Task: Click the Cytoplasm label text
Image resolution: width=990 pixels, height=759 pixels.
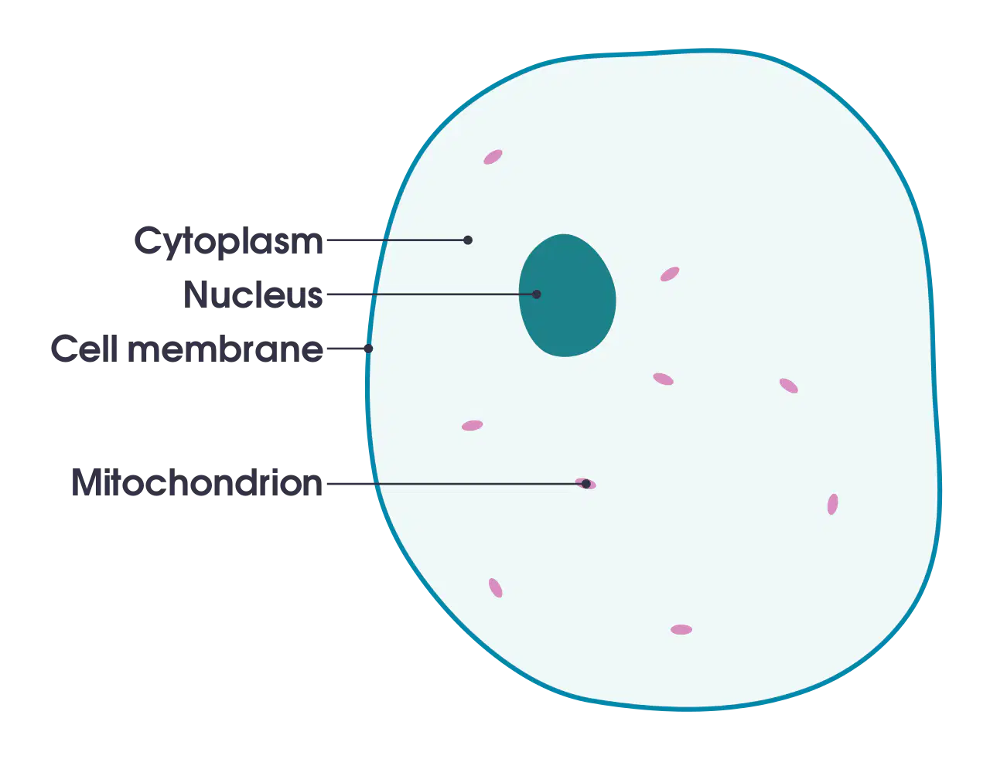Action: pos(228,242)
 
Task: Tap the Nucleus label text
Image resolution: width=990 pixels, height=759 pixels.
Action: pos(253,294)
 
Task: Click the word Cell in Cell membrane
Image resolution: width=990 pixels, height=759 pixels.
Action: pos(84,349)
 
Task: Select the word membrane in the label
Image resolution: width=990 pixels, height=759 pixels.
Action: pos(225,349)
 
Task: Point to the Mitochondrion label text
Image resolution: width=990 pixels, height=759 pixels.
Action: pos(196,482)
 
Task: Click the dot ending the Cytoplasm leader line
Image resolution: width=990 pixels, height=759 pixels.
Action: pos(467,240)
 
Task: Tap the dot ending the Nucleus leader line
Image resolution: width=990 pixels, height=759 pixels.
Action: pos(536,294)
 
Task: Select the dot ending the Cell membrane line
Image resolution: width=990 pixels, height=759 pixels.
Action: pos(368,349)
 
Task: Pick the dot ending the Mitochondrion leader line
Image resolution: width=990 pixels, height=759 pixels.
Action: pos(586,484)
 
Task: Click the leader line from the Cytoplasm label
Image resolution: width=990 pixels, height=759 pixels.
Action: pos(395,240)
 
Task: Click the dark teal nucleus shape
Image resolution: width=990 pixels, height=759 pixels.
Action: pos(567,295)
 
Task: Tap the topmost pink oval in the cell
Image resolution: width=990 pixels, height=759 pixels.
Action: pos(493,157)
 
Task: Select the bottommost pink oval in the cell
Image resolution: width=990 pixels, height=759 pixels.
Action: pos(681,630)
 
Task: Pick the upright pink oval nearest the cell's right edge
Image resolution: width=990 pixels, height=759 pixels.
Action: pos(832,504)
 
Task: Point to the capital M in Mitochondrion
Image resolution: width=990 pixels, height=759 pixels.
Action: pos(88,482)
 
